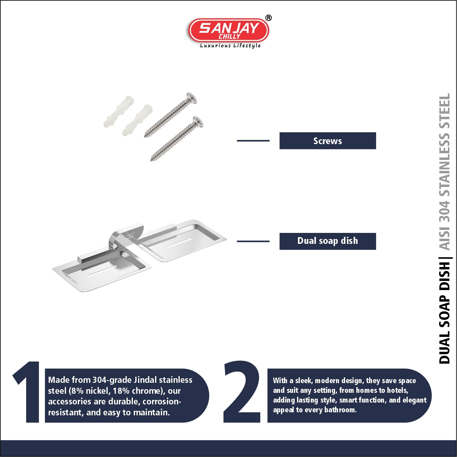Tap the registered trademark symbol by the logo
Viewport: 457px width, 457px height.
[x=268, y=18]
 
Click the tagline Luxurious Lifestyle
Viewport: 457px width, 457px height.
[x=230, y=46]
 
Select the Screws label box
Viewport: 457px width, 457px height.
[x=327, y=141]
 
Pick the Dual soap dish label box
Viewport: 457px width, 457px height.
[x=327, y=241]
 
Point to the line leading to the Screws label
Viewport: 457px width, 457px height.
[x=253, y=141]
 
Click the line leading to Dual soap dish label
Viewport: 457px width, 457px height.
[x=253, y=241]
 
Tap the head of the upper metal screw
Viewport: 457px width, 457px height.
[x=192, y=98]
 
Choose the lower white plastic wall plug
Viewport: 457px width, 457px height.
[x=137, y=120]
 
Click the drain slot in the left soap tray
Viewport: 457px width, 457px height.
[x=102, y=272]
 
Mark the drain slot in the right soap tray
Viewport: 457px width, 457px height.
[x=179, y=243]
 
